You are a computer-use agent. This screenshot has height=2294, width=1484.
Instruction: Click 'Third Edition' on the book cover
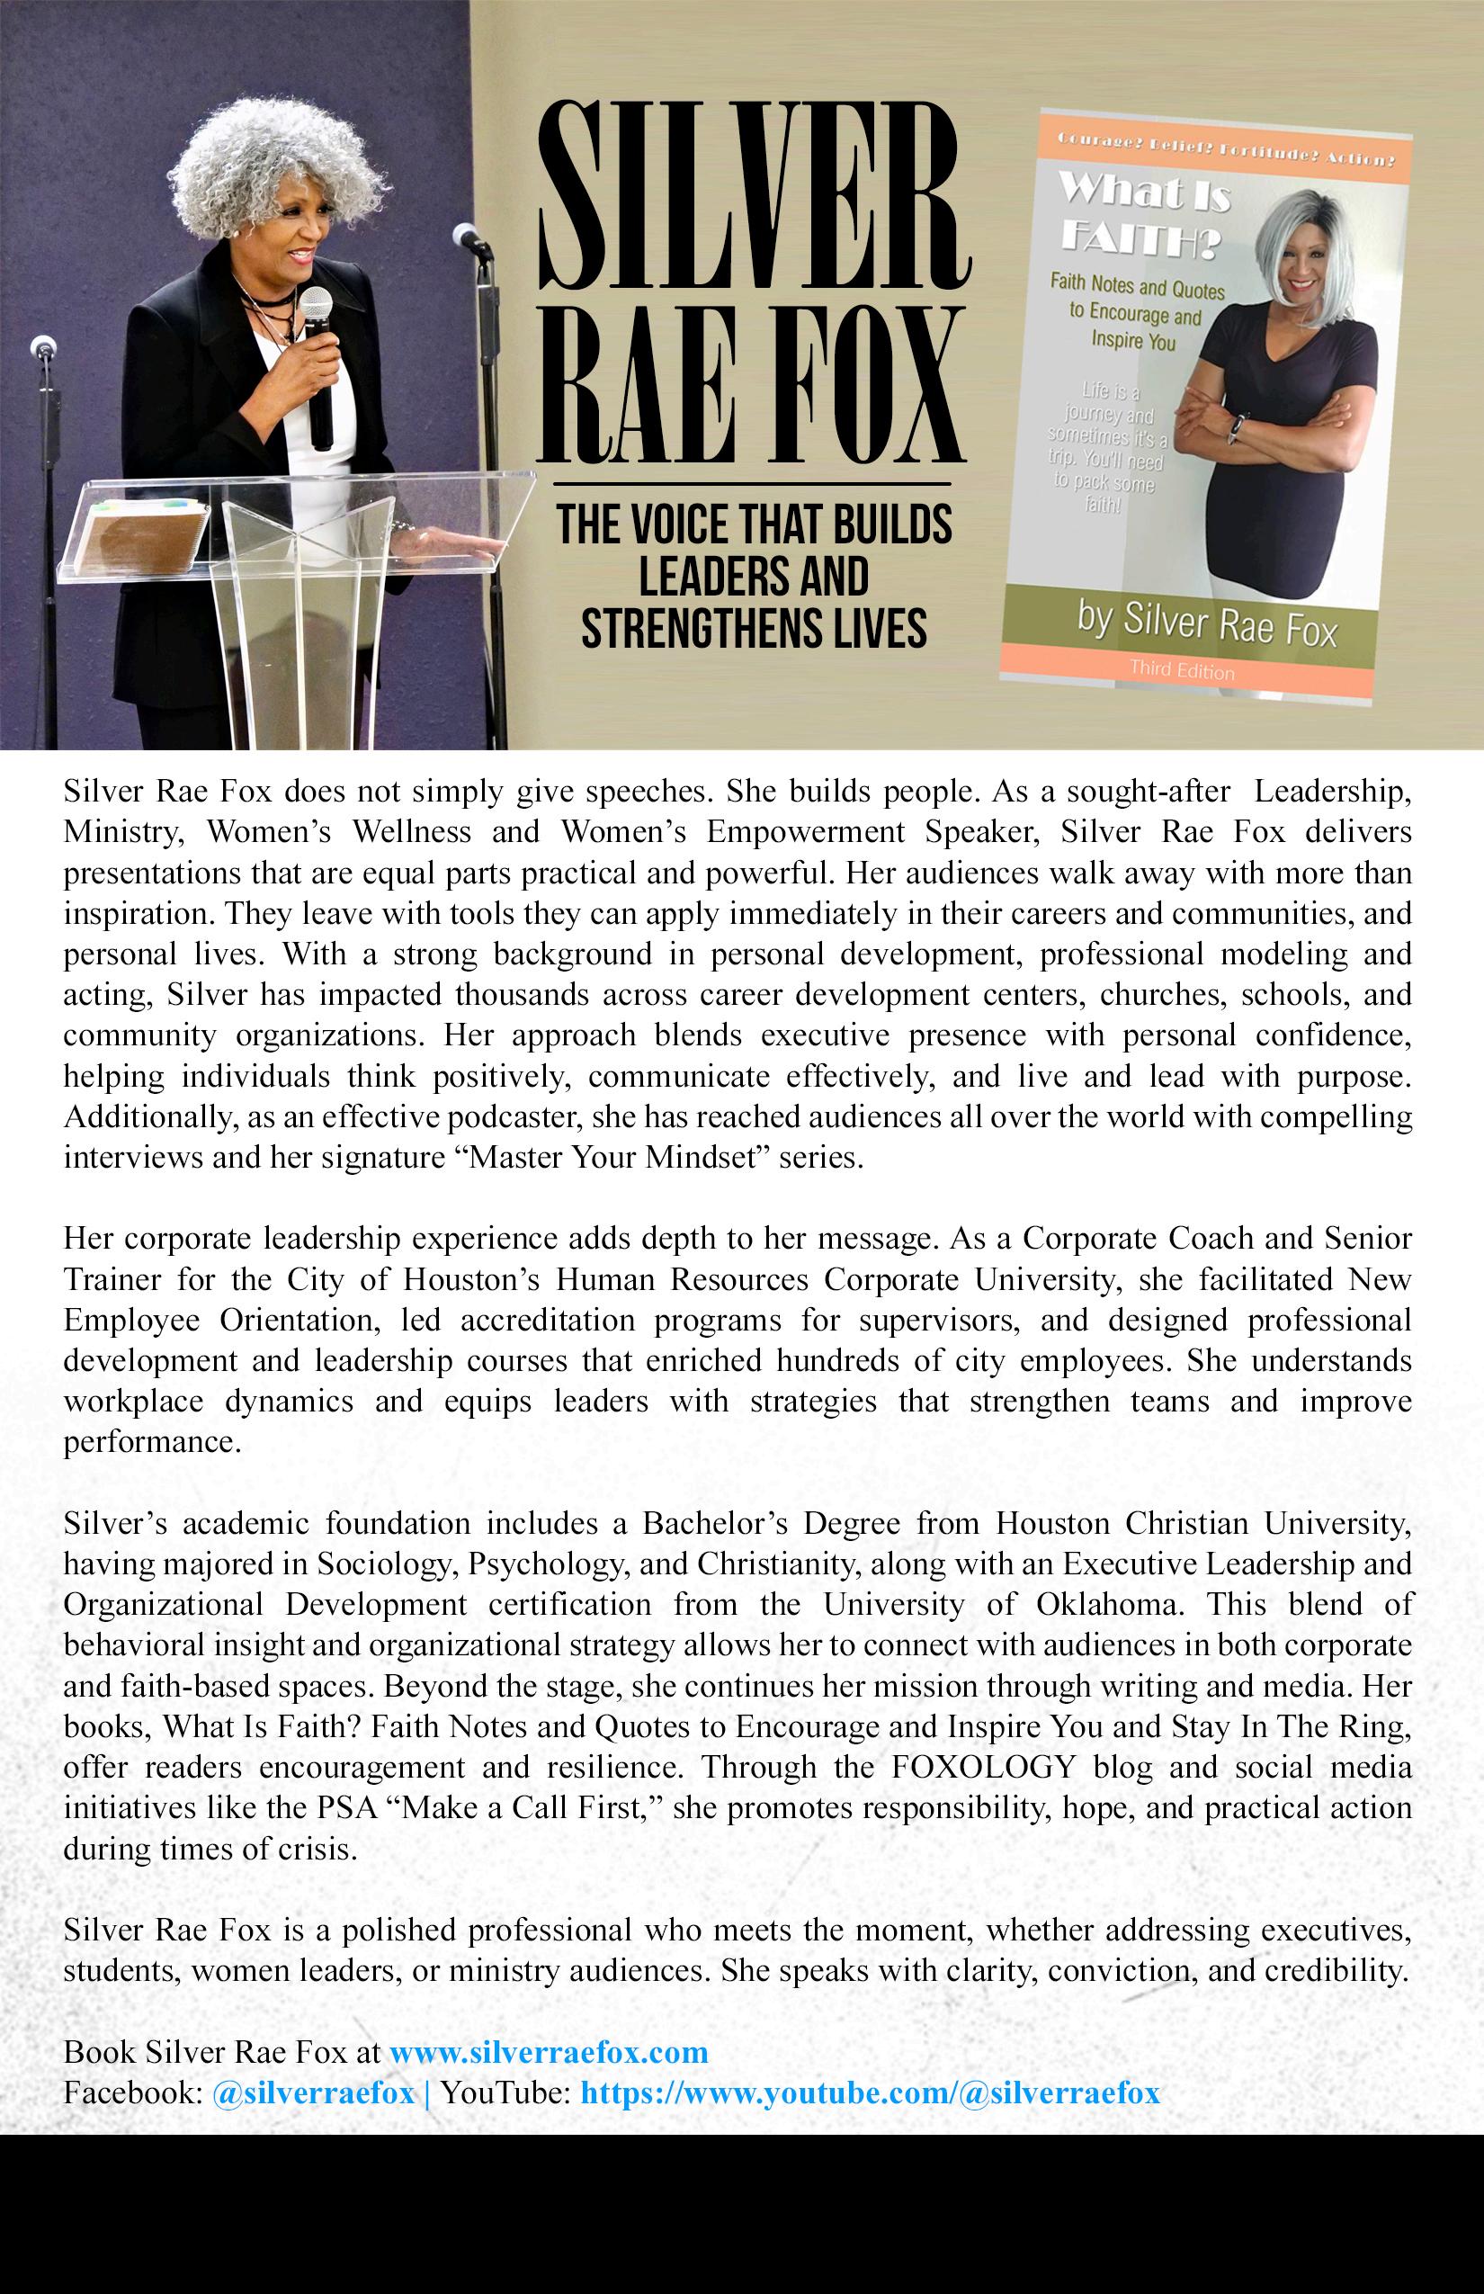point(1182,669)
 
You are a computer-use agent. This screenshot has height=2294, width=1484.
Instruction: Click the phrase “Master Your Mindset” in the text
point(610,1157)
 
